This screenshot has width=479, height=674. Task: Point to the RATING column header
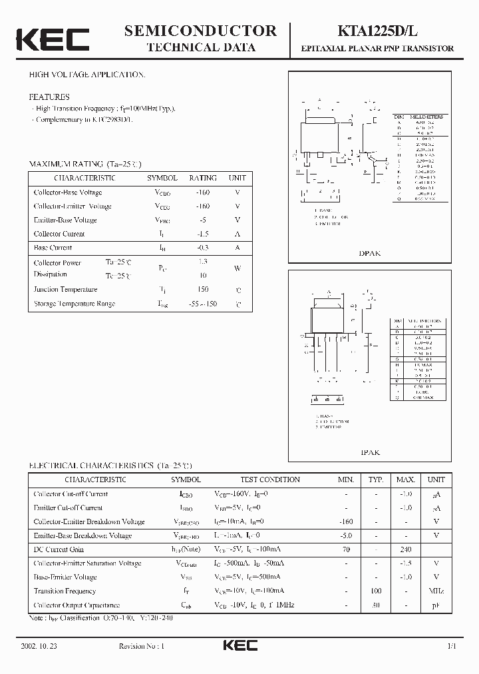(202, 178)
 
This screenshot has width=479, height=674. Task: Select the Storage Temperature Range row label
(75, 304)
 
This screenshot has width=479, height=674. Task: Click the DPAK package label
(369, 254)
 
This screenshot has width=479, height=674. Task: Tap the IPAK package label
(370, 452)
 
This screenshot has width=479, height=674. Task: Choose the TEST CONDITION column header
(270, 480)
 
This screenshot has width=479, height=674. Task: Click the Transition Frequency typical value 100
(377, 591)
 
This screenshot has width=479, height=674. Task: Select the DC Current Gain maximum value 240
(406, 549)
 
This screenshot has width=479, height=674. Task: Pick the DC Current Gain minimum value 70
(346, 549)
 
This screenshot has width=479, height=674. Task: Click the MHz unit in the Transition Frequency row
(436, 591)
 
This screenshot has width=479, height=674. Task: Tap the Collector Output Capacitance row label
(77, 605)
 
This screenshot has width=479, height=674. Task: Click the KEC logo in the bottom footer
(239, 646)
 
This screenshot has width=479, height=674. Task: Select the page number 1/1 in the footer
(452, 646)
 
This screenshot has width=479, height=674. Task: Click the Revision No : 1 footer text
(141, 646)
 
